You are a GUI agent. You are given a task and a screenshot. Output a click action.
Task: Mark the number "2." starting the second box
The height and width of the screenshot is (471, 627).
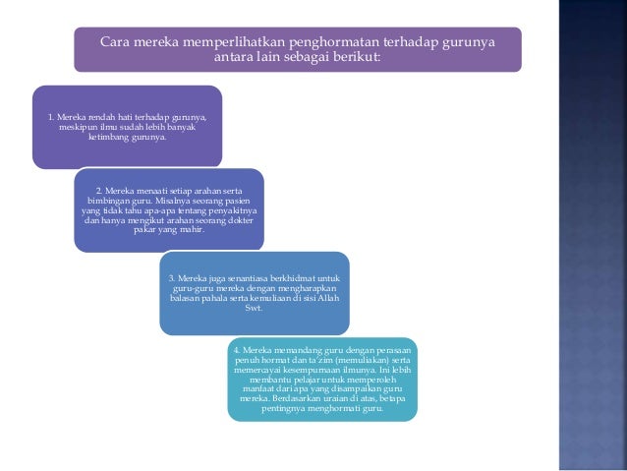(99, 190)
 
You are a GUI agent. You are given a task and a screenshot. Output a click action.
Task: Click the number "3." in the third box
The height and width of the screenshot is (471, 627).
(172, 278)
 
